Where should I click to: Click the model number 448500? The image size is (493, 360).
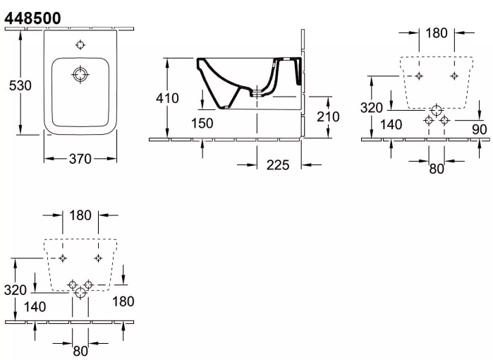32,18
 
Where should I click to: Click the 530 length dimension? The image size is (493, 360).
20,85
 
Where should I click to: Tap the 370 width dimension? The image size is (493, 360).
80,159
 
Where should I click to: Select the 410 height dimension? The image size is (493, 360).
167,98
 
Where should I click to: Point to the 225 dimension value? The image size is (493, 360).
278,165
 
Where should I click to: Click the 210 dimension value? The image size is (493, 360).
328,116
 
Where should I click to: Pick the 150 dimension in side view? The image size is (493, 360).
202,123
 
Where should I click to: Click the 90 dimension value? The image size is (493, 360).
479,129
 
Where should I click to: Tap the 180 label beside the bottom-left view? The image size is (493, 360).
123,301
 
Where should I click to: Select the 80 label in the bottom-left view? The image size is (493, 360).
80,351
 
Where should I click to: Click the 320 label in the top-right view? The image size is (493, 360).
371,108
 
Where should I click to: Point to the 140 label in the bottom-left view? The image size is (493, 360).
35,307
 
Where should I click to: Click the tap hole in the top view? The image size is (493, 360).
80,44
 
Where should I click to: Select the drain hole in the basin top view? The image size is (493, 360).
80,75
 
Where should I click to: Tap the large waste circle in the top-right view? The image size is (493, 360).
437,110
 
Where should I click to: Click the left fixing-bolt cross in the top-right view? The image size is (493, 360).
419,76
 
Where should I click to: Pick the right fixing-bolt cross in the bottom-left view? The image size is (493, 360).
98,258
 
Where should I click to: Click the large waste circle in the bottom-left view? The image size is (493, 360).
80,293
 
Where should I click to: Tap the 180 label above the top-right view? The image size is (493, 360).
437,33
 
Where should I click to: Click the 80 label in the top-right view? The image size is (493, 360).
437,169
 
